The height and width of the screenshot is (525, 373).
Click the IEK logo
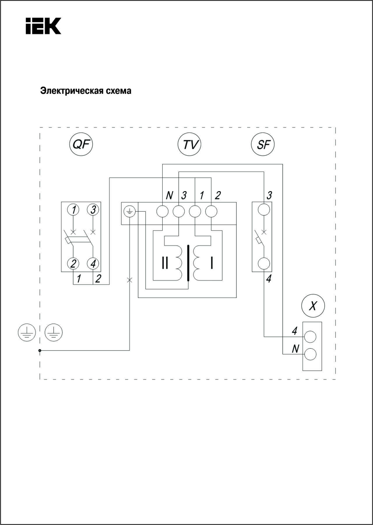coord(43,26)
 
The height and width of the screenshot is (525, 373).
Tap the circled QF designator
coord(81,144)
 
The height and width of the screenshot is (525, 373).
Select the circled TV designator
coord(190,144)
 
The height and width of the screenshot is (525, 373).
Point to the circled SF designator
coord(263,144)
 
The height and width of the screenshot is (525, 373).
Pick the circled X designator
coord(313,306)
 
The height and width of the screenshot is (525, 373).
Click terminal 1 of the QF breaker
coord(73,209)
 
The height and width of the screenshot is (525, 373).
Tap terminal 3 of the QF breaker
coord(93,209)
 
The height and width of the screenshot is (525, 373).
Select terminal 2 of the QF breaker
coord(73,264)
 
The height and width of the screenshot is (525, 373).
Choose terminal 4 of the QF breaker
coord(93,264)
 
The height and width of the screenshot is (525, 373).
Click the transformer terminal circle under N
coord(162,211)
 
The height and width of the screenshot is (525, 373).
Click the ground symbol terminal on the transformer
coord(129,212)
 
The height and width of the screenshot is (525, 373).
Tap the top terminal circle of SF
coord(264,209)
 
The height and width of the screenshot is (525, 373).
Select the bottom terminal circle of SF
coord(264,264)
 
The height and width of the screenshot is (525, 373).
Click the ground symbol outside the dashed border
coord(27,332)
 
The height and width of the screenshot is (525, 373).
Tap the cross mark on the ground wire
coord(130,280)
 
